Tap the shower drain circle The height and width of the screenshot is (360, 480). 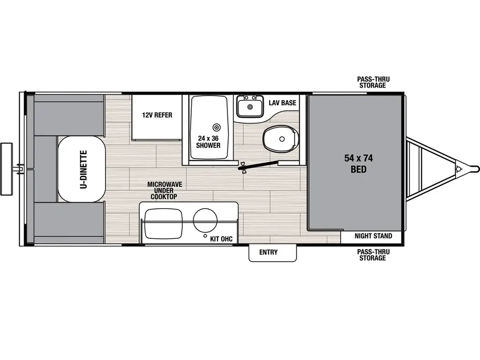(x=216, y=127)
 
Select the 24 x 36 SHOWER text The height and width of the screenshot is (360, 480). (x=208, y=142)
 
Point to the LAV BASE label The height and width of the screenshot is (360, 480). (x=282, y=103)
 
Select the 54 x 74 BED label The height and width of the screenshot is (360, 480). (x=355, y=164)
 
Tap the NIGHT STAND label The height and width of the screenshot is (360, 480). (x=373, y=236)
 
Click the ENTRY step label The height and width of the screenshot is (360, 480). (x=269, y=252)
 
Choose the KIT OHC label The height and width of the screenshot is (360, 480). (x=221, y=239)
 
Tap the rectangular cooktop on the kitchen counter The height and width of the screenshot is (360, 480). (x=163, y=222)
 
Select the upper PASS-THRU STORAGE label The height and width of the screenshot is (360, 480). (x=373, y=82)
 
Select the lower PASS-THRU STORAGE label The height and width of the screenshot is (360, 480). (x=373, y=255)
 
